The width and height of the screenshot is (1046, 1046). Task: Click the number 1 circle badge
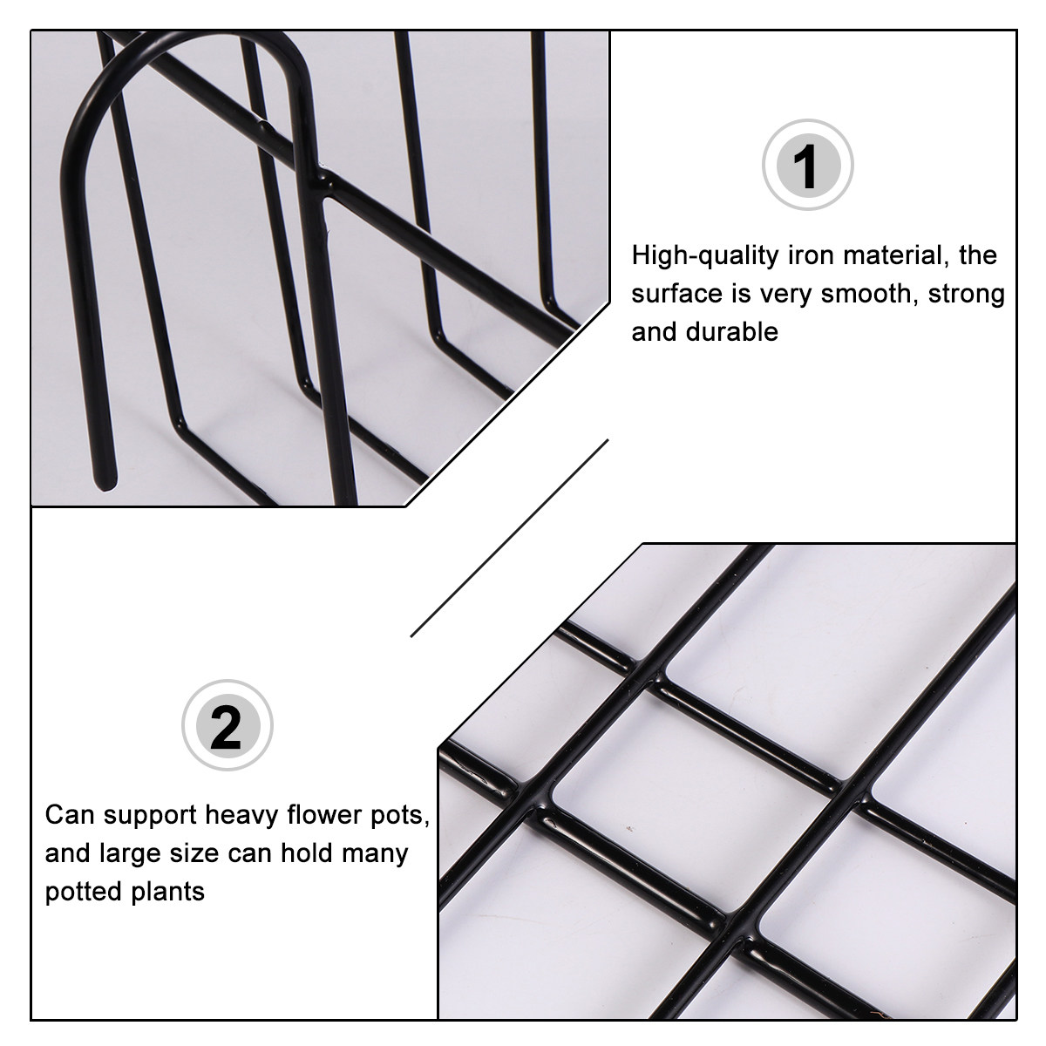(x=808, y=165)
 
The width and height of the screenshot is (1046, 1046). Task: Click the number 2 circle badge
(x=228, y=724)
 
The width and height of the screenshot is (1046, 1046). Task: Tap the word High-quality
(x=705, y=255)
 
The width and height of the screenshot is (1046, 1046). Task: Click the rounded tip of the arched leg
(x=105, y=484)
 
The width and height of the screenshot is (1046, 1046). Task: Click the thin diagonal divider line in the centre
(x=508, y=538)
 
